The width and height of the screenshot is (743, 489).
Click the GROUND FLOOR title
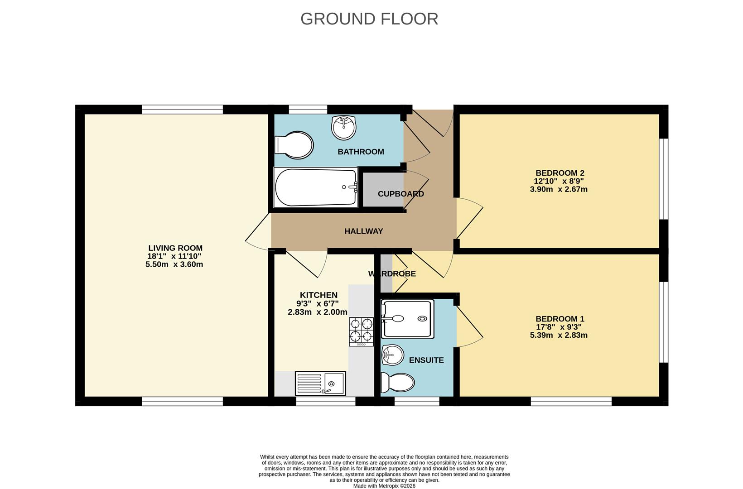[369, 19]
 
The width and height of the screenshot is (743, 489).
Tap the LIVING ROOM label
[175, 248]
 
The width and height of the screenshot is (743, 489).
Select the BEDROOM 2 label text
[560, 173]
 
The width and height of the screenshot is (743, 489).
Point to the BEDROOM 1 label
[560, 319]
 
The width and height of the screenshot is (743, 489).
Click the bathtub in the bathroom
[316, 187]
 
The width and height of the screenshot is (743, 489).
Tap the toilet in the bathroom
[294, 145]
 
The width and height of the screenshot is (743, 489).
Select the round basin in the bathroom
[343, 128]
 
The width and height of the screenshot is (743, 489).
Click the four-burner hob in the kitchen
[361, 332]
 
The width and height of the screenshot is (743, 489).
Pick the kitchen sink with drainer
[320, 383]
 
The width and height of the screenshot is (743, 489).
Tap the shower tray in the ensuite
[407, 319]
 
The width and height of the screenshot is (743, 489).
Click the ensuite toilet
[397, 382]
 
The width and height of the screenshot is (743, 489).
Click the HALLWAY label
[363, 231]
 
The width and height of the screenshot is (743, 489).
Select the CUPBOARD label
[400, 194]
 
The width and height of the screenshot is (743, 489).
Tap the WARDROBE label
[392, 273]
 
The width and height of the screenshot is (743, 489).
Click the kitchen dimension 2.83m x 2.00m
[318, 312]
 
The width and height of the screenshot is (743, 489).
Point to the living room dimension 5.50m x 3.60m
[174, 264]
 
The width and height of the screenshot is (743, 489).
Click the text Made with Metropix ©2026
[384, 486]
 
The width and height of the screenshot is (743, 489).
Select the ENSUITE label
[426, 360]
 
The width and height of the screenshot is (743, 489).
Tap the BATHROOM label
[361, 152]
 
